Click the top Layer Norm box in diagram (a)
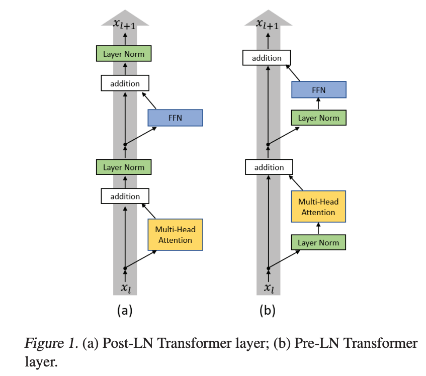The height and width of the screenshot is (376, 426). coord(124,54)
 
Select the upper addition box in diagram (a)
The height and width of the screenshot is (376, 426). coord(125,83)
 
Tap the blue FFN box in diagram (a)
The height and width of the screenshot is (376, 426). coord(175,118)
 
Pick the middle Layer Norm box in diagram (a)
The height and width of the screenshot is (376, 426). coord(124,167)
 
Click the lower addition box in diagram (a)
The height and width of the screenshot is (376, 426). coord(125,196)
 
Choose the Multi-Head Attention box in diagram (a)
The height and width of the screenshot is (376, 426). coord(175,235)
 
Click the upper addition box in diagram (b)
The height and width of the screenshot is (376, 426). coord(267,58)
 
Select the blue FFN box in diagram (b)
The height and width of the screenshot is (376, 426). coord(319,90)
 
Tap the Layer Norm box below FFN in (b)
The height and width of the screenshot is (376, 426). coord(319,118)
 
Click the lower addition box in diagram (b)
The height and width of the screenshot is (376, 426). coord(269,167)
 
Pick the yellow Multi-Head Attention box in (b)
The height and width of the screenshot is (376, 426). coord(318,207)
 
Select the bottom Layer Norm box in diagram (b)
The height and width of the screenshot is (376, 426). coord(318,243)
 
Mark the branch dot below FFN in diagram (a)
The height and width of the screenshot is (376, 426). coord(125,144)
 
